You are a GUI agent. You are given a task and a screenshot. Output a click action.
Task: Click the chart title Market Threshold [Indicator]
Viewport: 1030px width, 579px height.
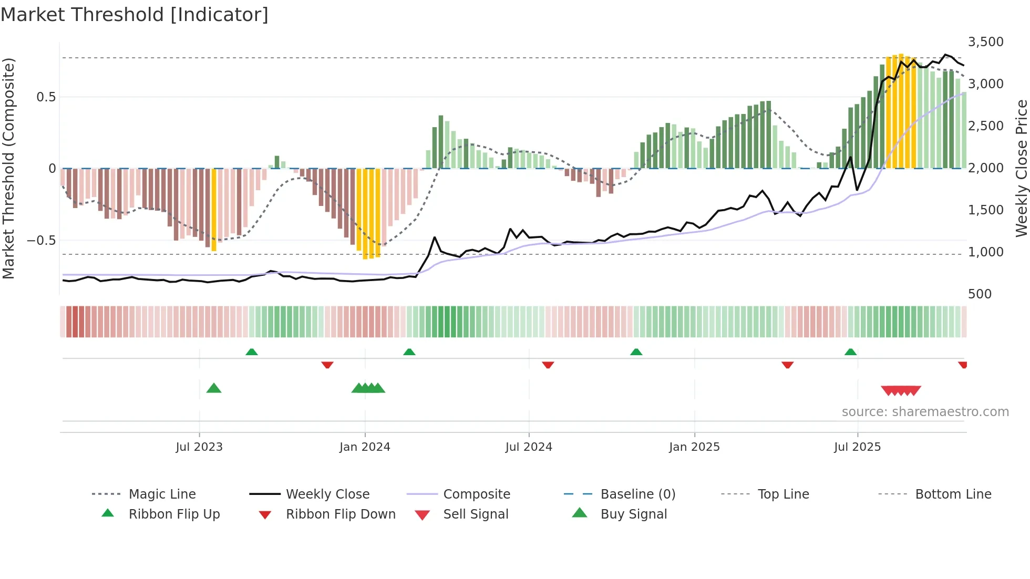pos(135,15)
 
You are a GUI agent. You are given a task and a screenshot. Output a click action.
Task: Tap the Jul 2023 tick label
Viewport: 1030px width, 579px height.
pos(199,447)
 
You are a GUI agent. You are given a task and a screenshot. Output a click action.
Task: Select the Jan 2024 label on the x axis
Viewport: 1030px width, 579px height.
pos(365,447)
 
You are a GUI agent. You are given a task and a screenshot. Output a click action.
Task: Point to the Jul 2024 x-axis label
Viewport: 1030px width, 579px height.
pos(529,447)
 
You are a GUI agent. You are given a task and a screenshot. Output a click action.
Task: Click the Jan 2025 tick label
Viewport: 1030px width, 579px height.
pos(694,447)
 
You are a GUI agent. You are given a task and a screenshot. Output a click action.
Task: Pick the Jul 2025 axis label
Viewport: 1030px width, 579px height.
pos(857,447)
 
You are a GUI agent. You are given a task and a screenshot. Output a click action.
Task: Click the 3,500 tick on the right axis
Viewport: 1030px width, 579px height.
pos(985,42)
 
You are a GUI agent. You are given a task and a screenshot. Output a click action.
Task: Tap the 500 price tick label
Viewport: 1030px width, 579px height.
pos(980,294)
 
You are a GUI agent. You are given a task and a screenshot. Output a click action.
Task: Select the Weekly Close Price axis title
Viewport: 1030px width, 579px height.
pos(1021,168)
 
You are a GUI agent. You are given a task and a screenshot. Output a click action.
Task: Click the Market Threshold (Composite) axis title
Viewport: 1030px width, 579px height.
pos(8,168)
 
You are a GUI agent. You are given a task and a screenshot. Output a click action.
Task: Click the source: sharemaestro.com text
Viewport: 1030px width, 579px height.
pos(925,412)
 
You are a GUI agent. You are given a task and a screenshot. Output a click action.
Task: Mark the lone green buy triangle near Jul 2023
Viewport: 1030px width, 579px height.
pos(214,388)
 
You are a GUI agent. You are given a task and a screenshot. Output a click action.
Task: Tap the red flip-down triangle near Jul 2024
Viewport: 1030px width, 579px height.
pos(548,365)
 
